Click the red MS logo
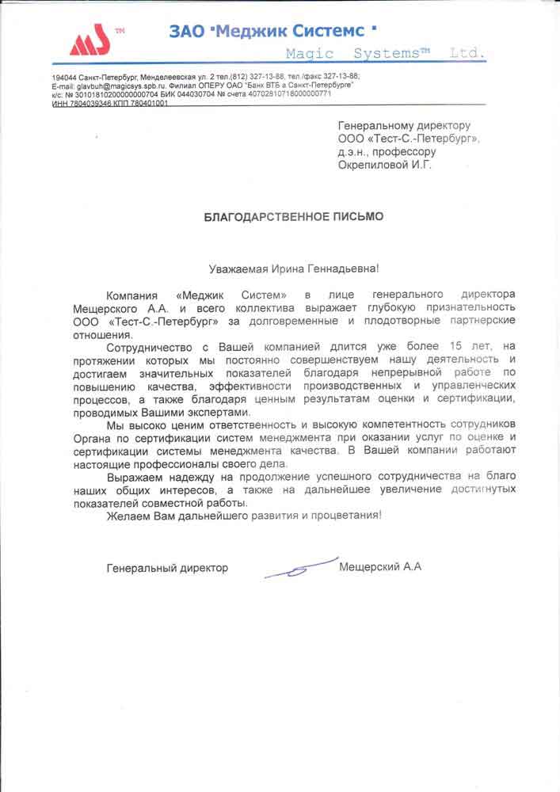86,40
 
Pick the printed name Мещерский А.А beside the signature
379,567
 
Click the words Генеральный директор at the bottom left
167,568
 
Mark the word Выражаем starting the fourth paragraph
133,477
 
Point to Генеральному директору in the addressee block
404,125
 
